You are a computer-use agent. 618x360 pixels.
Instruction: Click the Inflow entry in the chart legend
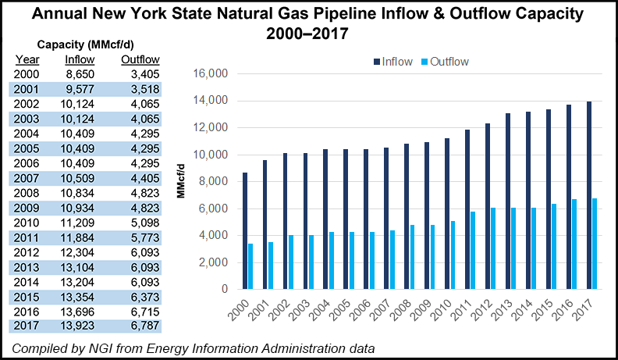tap(388, 61)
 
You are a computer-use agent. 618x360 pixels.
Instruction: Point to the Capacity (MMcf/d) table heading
tap(81, 44)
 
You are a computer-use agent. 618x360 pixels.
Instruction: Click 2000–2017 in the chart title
tap(309, 34)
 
